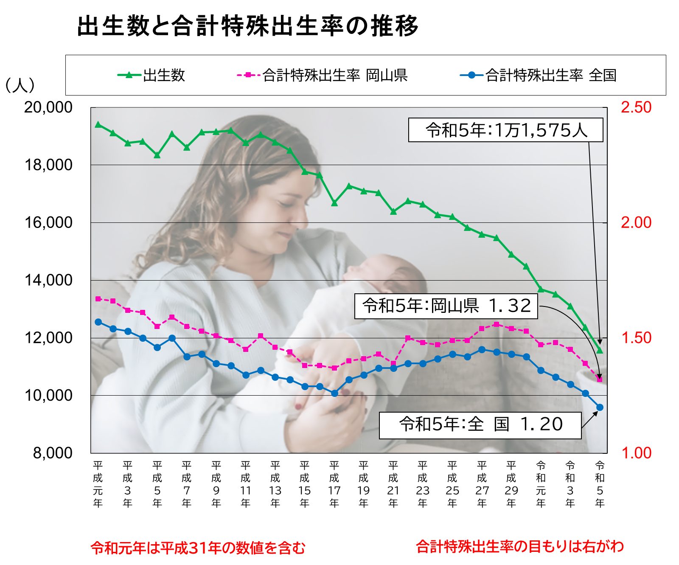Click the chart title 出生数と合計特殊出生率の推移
(x=248, y=26)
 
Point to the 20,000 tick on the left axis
(x=48, y=107)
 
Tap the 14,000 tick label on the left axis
(x=48, y=280)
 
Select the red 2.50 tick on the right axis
(x=636, y=107)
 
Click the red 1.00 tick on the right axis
(x=636, y=453)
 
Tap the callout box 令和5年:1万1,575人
(x=505, y=130)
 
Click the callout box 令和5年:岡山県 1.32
(x=446, y=306)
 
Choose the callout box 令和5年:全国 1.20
(x=480, y=425)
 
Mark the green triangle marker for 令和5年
(x=600, y=350)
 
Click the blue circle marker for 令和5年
(x=600, y=408)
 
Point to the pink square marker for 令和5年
(x=600, y=379)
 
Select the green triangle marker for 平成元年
(x=98, y=124)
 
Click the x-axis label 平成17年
(x=334, y=484)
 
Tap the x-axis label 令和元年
(x=541, y=484)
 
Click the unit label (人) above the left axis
(x=20, y=85)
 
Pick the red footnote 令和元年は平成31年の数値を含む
(x=198, y=548)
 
